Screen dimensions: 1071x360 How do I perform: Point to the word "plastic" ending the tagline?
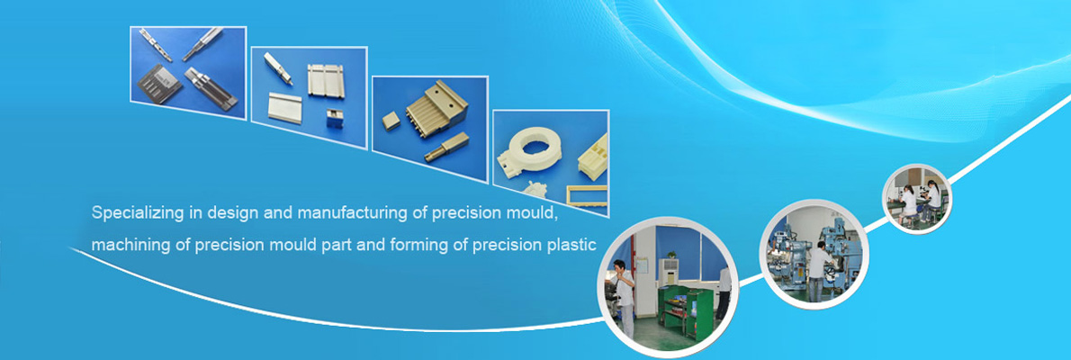573,244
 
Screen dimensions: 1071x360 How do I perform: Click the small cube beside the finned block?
391,121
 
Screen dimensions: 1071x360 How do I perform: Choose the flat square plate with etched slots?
159,84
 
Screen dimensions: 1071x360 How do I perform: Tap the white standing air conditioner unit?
668,272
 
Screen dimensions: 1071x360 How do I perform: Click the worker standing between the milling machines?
817,271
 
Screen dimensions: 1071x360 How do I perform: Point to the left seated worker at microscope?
908,202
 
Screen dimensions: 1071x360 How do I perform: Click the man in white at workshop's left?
622,296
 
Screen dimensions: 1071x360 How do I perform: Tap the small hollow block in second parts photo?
335,118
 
